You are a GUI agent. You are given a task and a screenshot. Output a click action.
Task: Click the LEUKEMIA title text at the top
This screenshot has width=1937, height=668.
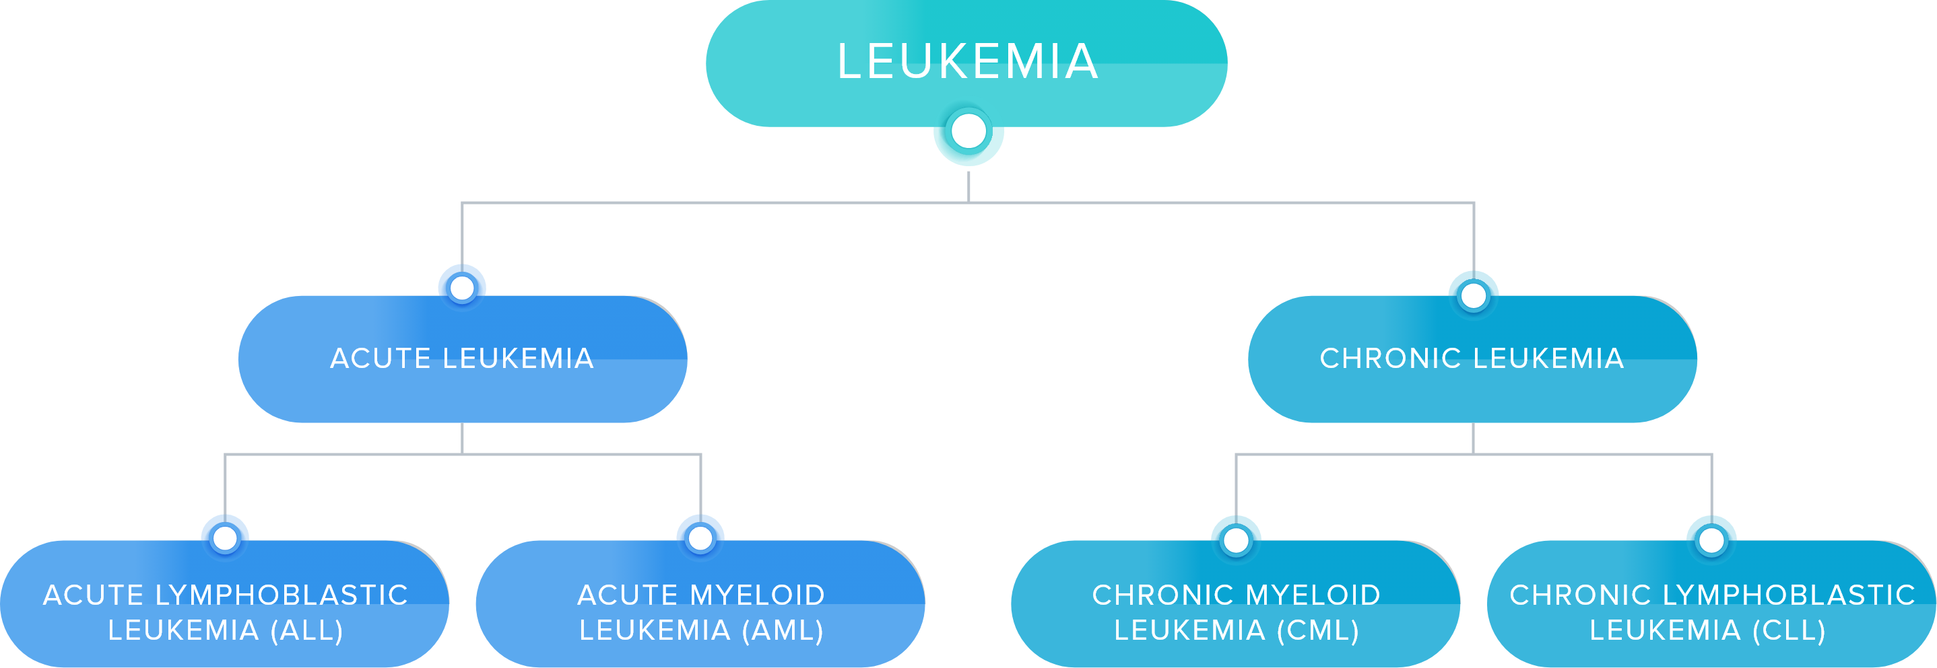(x=968, y=62)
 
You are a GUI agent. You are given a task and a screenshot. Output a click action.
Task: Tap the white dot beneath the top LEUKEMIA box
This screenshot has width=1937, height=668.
(x=969, y=131)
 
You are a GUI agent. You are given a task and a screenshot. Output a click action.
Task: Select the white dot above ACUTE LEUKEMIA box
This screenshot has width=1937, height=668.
(x=462, y=288)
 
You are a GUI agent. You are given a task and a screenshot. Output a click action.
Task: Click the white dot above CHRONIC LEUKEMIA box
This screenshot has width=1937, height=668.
(x=1473, y=295)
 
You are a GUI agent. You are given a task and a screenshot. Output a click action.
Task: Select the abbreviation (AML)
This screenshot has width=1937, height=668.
(x=783, y=630)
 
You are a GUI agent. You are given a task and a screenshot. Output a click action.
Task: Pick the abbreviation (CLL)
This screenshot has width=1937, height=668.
(x=1789, y=630)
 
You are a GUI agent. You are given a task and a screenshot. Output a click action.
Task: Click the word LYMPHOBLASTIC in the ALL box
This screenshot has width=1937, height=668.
(x=282, y=595)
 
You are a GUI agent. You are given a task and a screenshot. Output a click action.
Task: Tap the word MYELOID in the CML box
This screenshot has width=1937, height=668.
(x=1308, y=595)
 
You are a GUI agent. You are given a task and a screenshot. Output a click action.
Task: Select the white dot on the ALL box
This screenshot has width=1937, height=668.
(x=225, y=538)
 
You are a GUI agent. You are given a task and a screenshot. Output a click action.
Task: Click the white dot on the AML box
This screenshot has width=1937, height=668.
(x=700, y=538)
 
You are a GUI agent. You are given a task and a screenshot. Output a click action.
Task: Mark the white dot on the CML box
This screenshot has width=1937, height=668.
(x=1236, y=540)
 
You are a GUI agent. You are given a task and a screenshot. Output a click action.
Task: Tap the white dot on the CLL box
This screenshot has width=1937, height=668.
(x=1711, y=540)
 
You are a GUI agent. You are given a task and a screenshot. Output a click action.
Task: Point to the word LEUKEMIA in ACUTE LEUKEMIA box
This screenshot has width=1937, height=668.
(x=519, y=359)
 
